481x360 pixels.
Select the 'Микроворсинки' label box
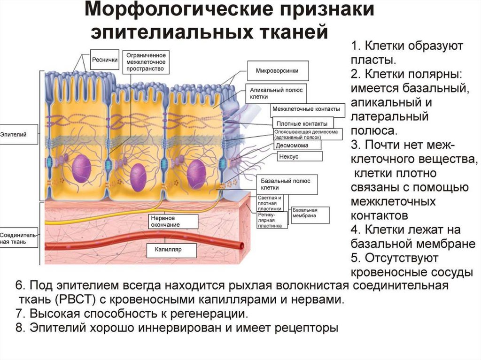coord(277,71)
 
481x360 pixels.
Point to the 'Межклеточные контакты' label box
coord(306,109)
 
